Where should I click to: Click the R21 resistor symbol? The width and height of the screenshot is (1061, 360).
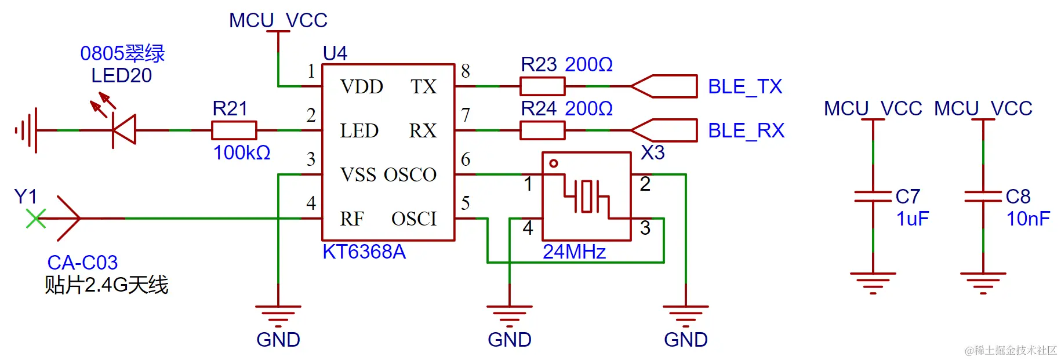(x=234, y=130)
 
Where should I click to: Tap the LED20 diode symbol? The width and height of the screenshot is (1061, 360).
(x=123, y=130)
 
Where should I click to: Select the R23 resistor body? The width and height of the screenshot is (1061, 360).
(x=542, y=86)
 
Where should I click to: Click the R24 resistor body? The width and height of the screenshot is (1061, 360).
(x=542, y=130)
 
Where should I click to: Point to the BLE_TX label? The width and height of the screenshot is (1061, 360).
(x=744, y=87)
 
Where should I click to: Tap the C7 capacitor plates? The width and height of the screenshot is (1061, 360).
(x=873, y=197)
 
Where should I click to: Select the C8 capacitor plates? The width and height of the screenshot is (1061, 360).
(x=983, y=197)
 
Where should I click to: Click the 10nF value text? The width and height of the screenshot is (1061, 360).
(x=1027, y=219)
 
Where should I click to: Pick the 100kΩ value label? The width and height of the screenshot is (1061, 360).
(x=241, y=153)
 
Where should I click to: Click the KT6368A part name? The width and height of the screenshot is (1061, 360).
(x=364, y=252)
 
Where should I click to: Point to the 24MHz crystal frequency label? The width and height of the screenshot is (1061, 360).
(x=574, y=252)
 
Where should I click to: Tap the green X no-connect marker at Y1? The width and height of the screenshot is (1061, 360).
(x=36, y=219)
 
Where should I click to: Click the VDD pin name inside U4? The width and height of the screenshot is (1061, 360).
(x=362, y=87)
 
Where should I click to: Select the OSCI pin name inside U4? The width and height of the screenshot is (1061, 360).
(x=414, y=219)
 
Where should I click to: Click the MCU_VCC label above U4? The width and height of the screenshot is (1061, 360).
(x=278, y=20)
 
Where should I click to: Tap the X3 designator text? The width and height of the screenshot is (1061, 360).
(x=652, y=153)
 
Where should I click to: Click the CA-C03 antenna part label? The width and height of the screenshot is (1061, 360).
(x=82, y=263)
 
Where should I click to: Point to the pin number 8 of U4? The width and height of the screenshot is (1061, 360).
(x=465, y=71)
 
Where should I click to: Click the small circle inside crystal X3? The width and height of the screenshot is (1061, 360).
(x=554, y=163)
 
